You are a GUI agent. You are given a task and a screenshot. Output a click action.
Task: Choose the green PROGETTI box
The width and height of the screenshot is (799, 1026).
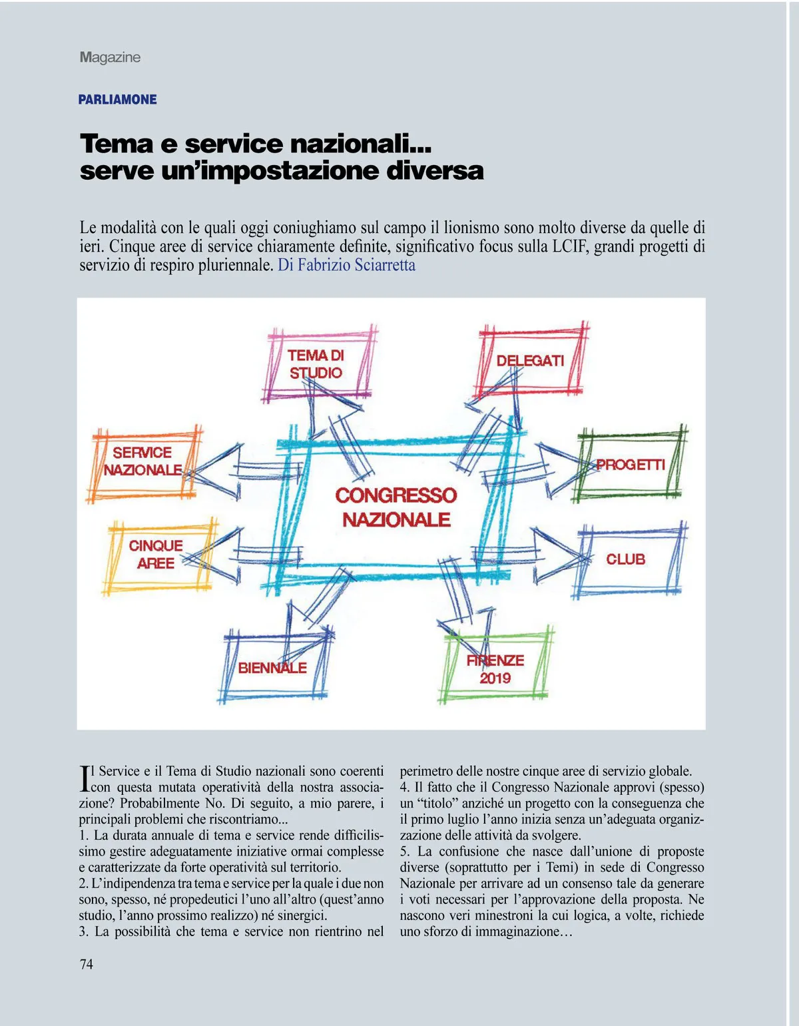tap(630, 465)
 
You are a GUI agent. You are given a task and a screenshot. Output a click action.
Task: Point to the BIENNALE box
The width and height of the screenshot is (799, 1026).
tap(274, 667)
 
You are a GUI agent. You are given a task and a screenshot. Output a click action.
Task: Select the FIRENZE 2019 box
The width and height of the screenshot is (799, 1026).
tap(495, 669)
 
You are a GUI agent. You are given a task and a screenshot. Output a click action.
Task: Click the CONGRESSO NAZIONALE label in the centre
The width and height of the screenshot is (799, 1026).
tap(396, 507)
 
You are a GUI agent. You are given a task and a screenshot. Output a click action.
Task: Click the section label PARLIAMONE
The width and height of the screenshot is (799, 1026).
tap(118, 100)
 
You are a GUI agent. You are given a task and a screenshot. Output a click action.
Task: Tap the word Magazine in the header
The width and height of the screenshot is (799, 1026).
tap(110, 57)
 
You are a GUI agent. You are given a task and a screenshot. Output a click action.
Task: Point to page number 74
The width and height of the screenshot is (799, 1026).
tap(87, 964)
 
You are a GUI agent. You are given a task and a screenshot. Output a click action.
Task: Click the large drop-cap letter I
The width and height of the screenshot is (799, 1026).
tap(85, 778)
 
